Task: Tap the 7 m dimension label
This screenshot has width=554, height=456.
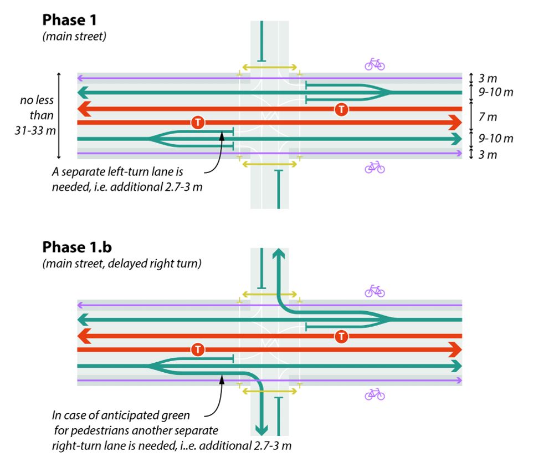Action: (x=488, y=116)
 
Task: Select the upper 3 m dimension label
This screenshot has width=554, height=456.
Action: (x=488, y=79)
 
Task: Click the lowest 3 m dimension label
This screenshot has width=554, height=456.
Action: (x=488, y=155)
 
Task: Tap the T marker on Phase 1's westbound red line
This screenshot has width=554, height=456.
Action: (x=342, y=109)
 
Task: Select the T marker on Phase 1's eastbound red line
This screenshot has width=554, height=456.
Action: (x=197, y=123)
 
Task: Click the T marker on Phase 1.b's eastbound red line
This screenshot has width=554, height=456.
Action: (x=197, y=350)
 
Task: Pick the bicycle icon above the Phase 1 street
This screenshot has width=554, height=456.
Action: (x=375, y=64)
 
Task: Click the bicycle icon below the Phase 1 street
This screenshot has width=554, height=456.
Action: (x=375, y=167)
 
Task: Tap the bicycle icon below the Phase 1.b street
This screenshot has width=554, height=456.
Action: (x=375, y=394)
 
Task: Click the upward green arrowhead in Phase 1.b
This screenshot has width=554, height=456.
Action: (x=278, y=254)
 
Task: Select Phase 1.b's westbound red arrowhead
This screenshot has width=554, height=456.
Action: (x=83, y=336)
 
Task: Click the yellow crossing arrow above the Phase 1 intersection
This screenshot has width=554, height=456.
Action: (x=269, y=68)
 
